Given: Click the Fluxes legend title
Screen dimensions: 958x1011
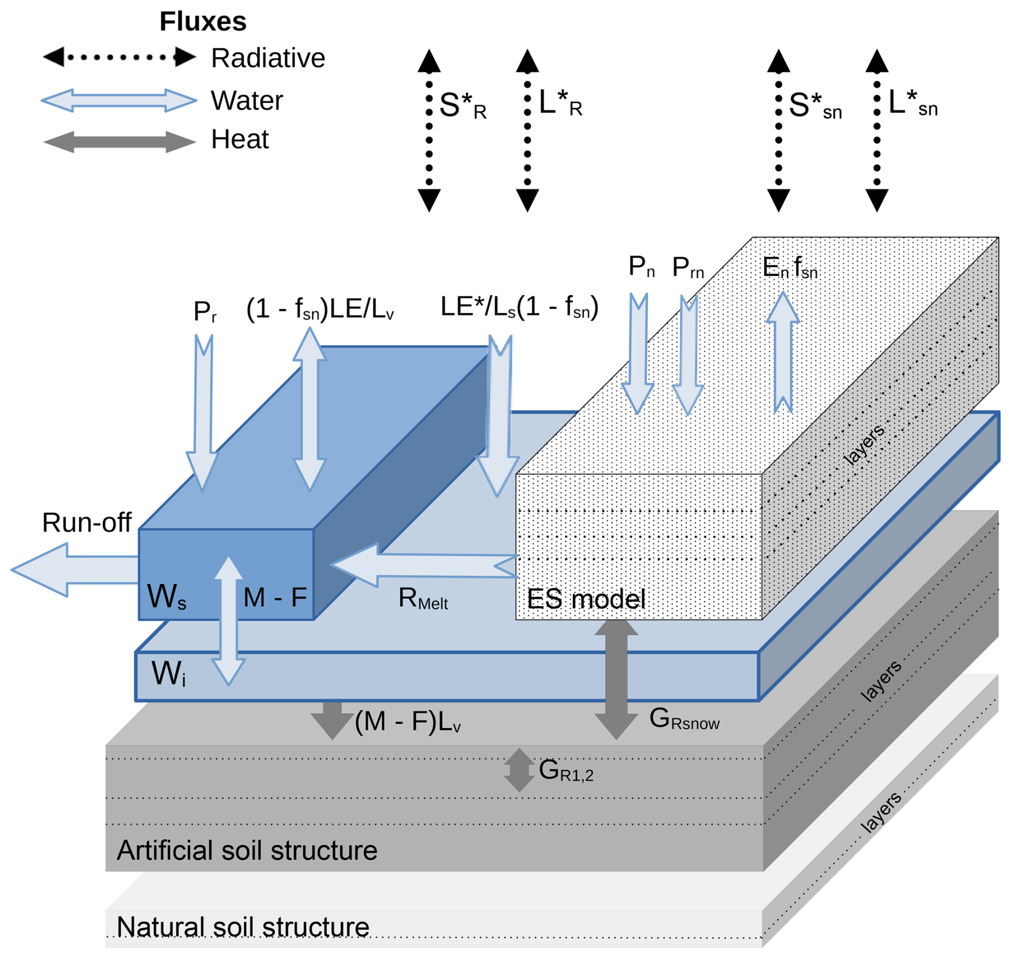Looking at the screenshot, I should (x=203, y=22).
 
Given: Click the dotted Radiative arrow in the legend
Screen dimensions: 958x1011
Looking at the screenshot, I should (x=119, y=57).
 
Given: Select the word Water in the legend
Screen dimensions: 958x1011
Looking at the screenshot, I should (x=247, y=101).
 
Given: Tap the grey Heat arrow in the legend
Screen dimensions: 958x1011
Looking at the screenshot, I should (x=119, y=142).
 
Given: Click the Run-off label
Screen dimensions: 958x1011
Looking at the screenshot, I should (x=87, y=522).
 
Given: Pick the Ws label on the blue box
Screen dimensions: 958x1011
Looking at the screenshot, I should (x=166, y=596).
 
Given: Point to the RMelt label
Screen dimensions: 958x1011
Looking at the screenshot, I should (x=423, y=599).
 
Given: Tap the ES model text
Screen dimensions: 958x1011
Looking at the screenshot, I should (x=586, y=599).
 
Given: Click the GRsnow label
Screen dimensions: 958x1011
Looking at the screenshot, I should (x=684, y=719).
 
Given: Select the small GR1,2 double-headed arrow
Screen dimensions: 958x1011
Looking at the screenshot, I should (x=519, y=770).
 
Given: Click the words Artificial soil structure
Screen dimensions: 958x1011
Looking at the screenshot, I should (x=247, y=850).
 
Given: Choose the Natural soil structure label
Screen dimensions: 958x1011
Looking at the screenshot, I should (x=243, y=927).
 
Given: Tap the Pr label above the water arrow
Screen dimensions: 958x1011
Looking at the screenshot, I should (x=205, y=311).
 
